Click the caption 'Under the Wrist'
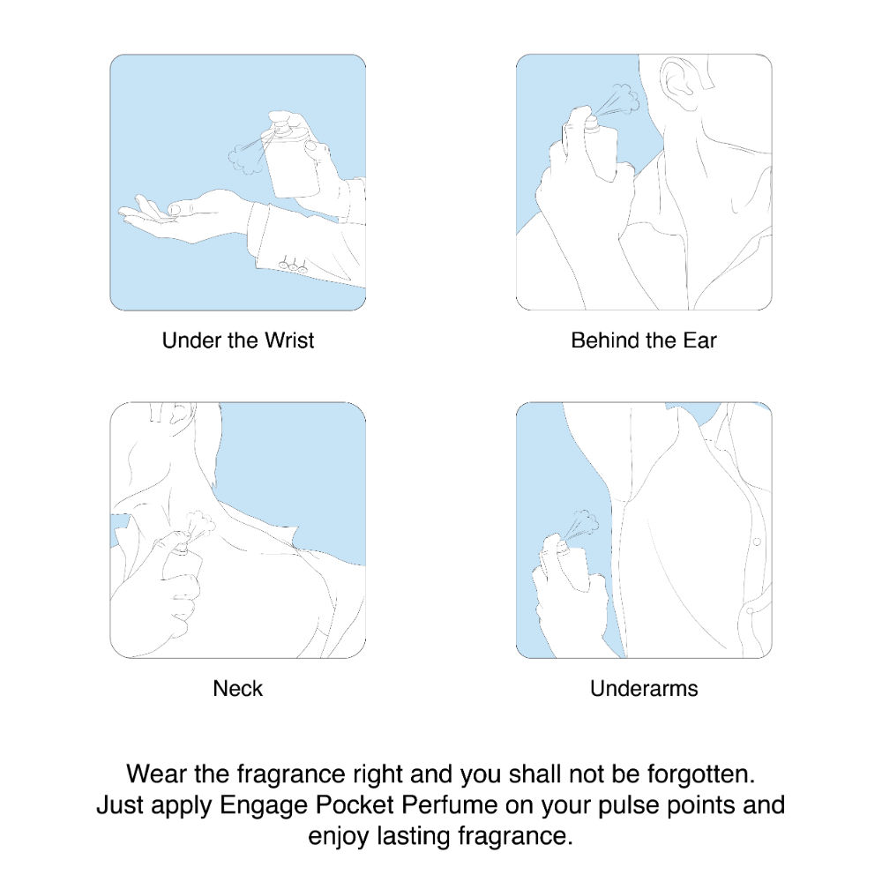[x=238, y=340]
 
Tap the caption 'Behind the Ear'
[x=644, y=340]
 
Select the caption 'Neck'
[x=238, y=688]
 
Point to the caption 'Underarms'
[x=644, y=688]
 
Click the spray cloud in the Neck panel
[x=202, y=527]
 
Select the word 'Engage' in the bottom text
[x=263, y=805]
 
